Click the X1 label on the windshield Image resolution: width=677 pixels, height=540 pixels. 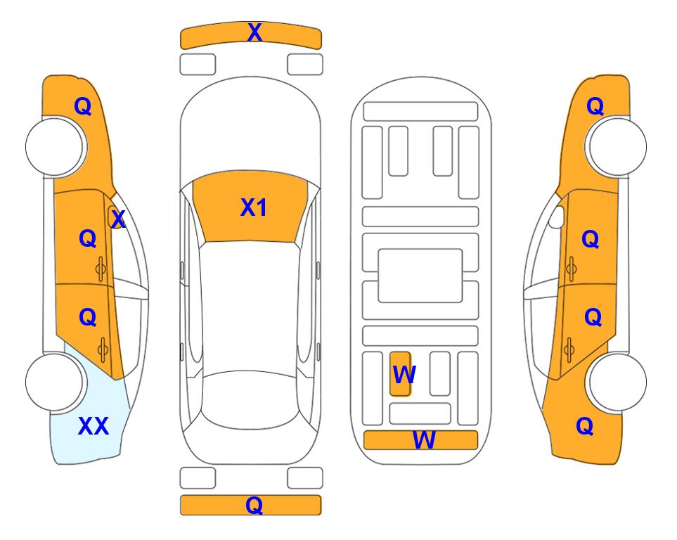pos(254,207)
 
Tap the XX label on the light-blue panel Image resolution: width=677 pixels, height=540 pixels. pos(94,426)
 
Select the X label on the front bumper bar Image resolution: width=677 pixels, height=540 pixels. pos(254,32)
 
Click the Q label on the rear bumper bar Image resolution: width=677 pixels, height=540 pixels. pos(254,505)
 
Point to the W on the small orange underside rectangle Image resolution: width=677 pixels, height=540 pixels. pos(404,374)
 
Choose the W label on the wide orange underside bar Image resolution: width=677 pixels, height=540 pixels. pos(424,439)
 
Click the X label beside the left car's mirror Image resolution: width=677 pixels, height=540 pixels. pos(118,219)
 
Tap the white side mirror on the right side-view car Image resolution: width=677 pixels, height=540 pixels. pos(557,217)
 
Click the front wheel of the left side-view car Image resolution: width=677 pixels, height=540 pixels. pos(55,147)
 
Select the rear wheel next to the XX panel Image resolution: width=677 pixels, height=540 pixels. pos(55,382)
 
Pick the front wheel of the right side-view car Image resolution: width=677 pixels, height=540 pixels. pos(617,147)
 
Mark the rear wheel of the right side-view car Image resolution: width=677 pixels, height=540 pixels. pos(617,382)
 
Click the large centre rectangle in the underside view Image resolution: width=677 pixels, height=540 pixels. pos(420,276)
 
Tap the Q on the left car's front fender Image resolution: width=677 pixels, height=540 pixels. pos(83,106)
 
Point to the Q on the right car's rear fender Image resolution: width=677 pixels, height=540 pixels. pos(585,426)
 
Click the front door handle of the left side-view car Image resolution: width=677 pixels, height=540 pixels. pos(101,269)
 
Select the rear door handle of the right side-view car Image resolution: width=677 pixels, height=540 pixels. pos(569,350)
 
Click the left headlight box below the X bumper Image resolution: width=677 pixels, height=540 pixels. pos(198,65)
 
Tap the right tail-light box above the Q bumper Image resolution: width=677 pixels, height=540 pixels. pos(305,478)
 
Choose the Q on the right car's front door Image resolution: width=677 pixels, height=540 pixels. pos(591,239)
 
